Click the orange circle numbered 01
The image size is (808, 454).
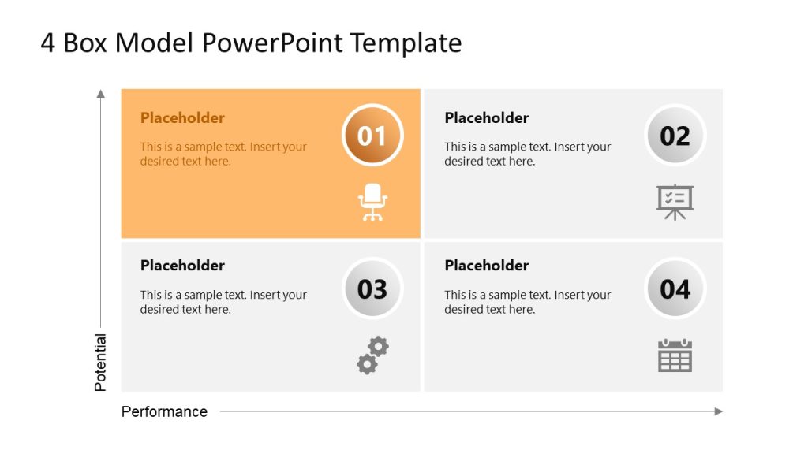(x=372, y=136)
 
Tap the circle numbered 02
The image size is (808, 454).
(x=675, y=136)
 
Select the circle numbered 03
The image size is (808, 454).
(x=372, y=288)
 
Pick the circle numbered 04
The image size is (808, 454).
(x=675, y=288)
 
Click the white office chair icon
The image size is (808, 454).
(x=372, y=202)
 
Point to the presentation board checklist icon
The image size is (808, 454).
(x=675, y=202)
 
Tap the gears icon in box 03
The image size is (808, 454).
(x=372, y=355)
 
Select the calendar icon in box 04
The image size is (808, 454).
(x=675, y=355)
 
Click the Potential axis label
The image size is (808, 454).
(x=100, y=363)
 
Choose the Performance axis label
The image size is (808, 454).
(x=164, y=411)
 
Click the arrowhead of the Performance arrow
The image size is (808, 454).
(x=718, y=411)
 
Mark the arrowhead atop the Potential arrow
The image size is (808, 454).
(x=100, y=94)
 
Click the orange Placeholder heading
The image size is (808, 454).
(x=182, y=118)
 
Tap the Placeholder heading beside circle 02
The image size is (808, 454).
(x=487, y=118)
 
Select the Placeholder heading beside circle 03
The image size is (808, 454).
(x=182, y=266)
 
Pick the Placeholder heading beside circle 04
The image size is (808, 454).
(x=487, y=266)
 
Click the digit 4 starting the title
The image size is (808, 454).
(x=48, y=43)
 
